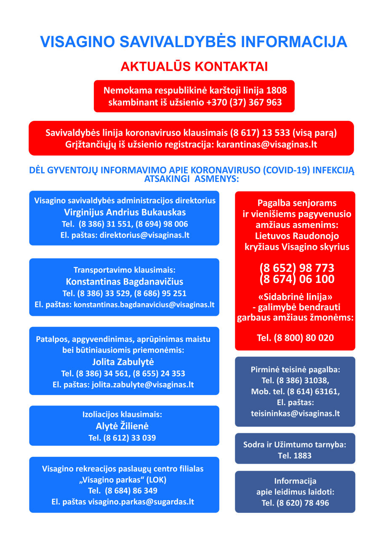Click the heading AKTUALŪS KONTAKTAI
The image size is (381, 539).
194,67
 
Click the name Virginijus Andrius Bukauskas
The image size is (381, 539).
125,212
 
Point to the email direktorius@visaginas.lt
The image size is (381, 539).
144,235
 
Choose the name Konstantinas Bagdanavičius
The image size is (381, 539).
125,282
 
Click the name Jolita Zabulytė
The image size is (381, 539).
123,362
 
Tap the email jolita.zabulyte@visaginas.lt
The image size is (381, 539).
143,384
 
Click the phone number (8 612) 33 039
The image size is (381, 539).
129,438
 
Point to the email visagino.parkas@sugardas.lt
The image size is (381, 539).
141,502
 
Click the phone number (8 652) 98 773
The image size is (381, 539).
297,268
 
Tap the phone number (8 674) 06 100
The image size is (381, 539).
297,279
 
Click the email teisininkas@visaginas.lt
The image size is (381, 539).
295,414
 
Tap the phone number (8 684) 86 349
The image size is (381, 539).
131,491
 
